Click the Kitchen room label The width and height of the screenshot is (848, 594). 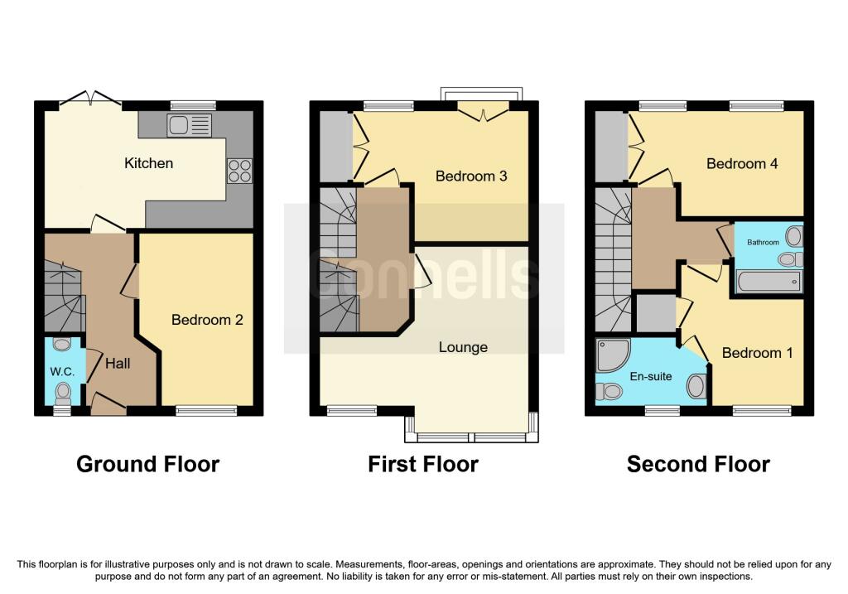pyautogui.click(x=149, y=163)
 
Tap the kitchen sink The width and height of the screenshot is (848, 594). pyautogui.click(x=189, y=125)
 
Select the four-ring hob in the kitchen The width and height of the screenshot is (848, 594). pyautogui.click(x=239, y=170)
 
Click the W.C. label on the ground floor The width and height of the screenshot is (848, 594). pyautogui.click(x=63, y=372)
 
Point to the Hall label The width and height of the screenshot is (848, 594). pyautogui.click(x=117, y=362)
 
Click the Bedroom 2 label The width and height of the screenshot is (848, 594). pyautogui.click(x=207, y=320)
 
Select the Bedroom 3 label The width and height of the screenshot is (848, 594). pyautogui.click(x=471, y=176)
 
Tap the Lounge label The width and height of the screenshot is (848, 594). pyautogui.click(x=463, y=347)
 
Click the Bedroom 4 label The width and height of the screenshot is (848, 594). pyautogui.click(x=742, y=163)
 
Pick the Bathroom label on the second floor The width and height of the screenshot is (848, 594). pyautogui.click(x=764, y=242)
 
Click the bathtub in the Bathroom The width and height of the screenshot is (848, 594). pyautogui.click(x=768, y=283)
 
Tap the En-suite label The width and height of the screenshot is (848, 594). pyautogui.click(x=650, y=377)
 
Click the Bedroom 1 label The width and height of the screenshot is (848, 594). pyautogui.click(x=757, y=353)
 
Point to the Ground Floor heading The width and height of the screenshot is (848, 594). pyautogui.click(x=147, y=464)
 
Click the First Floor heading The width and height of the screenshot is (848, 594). pyautogui.click(x=423, y=464)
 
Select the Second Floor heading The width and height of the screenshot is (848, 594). pyautogui.click(x=698, y=464)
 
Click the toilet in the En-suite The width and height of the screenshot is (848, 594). pyautogui.click(x=610, y=390)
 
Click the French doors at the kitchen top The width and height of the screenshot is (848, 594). pyautogui.click(x=90, y=100)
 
